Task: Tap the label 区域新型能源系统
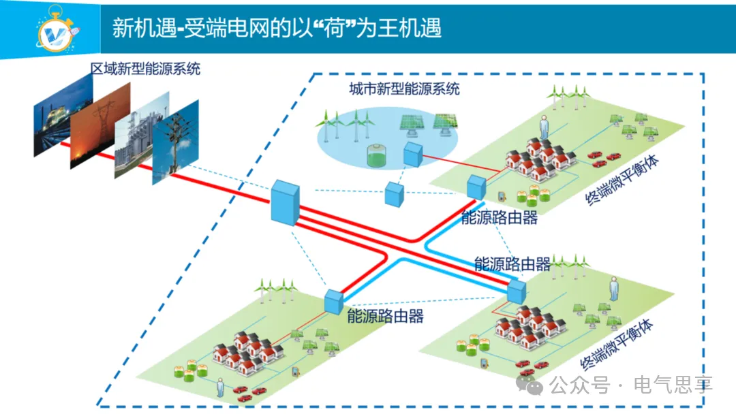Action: point(146,68)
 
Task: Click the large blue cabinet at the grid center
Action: point(285,202)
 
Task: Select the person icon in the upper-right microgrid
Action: point(544,127)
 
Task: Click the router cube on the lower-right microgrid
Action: point(517,291)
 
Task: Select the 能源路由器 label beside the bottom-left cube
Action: point(385,316)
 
